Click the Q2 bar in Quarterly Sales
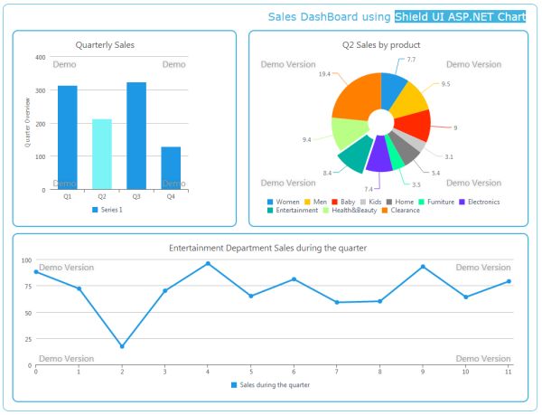[102, 154]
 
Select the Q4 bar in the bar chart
[171, 168]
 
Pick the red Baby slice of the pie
[416, 125]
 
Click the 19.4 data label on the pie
[324, 74]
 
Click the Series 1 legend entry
[108, 210]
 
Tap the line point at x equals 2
[122, 346]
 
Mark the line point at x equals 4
[208, 264]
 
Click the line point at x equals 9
[423, 267]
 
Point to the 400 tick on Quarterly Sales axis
[40, 57]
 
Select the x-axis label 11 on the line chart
[509, 372]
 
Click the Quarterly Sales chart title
[106, 44]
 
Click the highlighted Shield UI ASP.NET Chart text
[460, 17]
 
